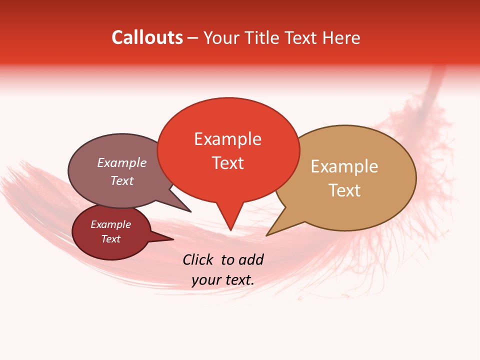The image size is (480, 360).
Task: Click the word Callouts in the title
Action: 147,37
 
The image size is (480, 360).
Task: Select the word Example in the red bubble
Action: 227,139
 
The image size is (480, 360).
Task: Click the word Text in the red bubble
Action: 227,163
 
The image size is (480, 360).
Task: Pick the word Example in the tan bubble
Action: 344,166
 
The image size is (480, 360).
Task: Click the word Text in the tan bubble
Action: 344,190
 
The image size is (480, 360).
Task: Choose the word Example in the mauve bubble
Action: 122,162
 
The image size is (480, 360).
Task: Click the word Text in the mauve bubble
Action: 122,180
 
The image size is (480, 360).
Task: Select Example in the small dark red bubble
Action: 110,224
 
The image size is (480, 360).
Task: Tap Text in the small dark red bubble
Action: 110,239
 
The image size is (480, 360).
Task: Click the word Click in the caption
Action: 199,259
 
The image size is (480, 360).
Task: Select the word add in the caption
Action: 251,259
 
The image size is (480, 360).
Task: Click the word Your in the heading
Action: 220,37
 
